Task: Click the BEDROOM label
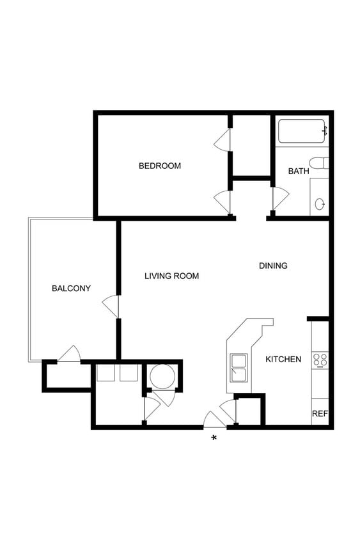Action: (160, 166)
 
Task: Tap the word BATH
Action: (299, 171)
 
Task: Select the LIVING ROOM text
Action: (171, 276)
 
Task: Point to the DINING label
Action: (273, 266)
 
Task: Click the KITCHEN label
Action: (283, 359)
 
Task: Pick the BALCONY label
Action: (71, 289)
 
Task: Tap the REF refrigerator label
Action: (320, 413)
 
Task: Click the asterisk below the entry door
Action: (214, 438)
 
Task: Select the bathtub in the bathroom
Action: (301, 131)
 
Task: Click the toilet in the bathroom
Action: (318, 163)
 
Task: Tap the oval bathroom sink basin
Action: (319, 203)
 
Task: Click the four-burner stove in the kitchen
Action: (320, 361)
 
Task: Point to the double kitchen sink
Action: (239, 368)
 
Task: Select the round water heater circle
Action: (162, 376)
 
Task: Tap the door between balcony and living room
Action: (111, 306)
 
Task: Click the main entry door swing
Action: (215, 420)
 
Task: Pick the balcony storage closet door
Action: (69, 353)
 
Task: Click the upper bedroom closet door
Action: (222, 139)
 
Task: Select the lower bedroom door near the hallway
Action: (222, 202)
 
